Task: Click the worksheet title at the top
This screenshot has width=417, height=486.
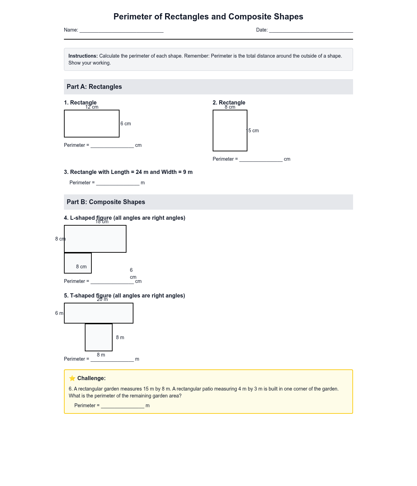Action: tap(208, 17)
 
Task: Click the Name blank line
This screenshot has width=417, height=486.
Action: tap(121, 31)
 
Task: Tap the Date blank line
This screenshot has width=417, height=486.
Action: tap(311, 31)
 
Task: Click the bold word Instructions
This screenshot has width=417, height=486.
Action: tap(83, 56)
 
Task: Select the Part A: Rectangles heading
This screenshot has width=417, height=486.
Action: tap(94, 87)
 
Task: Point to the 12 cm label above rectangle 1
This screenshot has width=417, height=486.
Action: tap(92, 107)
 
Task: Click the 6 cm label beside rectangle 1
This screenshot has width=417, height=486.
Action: tap(126, 124)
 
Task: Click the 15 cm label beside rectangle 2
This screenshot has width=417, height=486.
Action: tap(253, 131)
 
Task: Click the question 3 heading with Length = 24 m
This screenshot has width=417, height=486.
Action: tap(128, 172)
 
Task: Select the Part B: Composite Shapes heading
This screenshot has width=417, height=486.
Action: tap(106, 202)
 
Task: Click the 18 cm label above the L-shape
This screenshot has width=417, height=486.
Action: tap(102, 222)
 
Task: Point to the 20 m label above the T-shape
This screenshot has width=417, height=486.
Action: tap(102, 300)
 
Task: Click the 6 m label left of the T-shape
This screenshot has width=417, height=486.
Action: tap(59, 313)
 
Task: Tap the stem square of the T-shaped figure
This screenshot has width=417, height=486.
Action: tap(99, 337)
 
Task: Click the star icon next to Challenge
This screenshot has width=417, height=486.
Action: tap(72, 378)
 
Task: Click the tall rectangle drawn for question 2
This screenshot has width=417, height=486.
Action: tap(230, 131)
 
